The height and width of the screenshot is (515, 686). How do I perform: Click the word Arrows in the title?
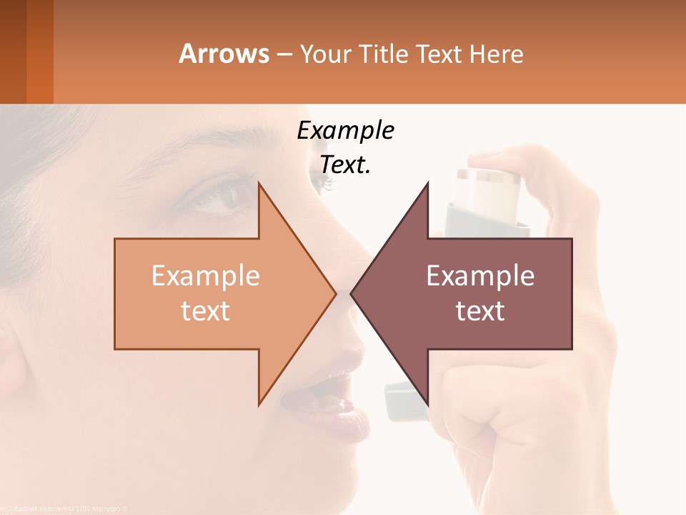point(224,54)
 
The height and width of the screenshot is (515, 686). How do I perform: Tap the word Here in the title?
point(496,54)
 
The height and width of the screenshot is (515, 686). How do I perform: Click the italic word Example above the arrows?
point(345,131)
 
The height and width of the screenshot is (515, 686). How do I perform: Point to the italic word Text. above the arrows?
point(345,165)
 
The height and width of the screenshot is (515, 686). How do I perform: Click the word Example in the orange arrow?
point(206,276)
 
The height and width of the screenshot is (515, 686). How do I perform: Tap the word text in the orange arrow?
point(206,310)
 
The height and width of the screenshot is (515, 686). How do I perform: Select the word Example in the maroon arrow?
point(480,276)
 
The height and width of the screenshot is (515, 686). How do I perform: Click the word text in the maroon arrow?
point(480,310)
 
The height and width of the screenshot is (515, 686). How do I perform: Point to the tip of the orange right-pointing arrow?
point(334,293)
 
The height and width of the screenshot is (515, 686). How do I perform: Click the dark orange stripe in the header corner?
point(39,51)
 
